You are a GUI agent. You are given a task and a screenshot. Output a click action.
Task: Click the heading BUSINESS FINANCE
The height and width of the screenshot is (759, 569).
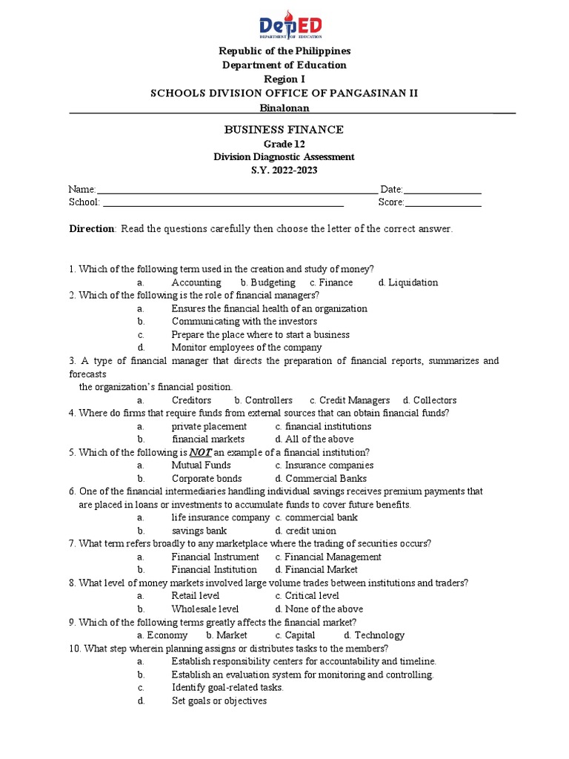tap(284, 130)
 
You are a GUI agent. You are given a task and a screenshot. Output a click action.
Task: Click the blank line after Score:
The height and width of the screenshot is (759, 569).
tap(443, 203)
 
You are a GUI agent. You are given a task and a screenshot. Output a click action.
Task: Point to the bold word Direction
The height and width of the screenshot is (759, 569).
tap(92, 229)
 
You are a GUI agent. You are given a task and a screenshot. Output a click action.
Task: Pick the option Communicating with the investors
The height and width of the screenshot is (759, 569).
tap(244, 322)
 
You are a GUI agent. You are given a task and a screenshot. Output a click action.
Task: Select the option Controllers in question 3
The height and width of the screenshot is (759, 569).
tap(268, 400)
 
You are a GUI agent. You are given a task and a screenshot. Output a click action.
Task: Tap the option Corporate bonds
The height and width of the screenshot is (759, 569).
tap(207, 479)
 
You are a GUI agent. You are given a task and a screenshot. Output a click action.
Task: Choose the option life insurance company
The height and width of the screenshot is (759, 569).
tap(221, 518)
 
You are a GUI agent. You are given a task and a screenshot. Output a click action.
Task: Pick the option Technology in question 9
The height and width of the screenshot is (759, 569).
tap(379, 635)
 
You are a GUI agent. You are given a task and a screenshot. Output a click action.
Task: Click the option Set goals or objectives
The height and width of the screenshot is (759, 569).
tap(219, 700)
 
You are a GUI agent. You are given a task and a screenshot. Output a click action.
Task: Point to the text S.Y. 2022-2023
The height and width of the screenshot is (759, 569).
tap(284, 170)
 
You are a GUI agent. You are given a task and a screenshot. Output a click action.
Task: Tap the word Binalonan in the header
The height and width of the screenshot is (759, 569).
tap(284, 107)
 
